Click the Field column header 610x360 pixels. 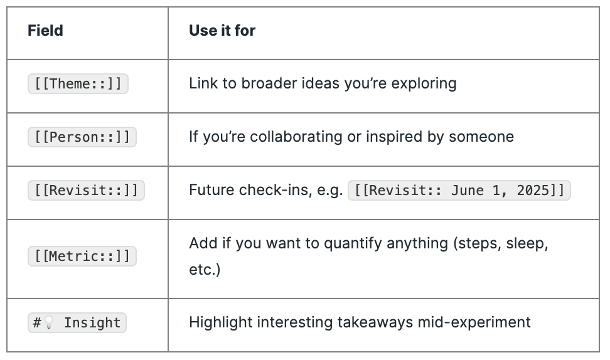[x=45, y=30]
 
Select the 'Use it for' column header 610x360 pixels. [x=222, y=30]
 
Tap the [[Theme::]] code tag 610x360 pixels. [x=78, y=83]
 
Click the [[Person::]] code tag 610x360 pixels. [x=82, y=137]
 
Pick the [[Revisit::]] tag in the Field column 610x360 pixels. [x=86, y=190]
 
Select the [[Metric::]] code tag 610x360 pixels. [x=82, y=256]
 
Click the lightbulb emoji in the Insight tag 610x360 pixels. [x=48, y=322]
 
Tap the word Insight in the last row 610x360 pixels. [x=92, y=322]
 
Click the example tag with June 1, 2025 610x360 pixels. [x=459, y=190]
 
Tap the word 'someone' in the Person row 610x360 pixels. [x=481, y=137]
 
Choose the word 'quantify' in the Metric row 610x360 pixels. [x=353, y=244]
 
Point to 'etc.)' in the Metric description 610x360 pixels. [x=205, y=270]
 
